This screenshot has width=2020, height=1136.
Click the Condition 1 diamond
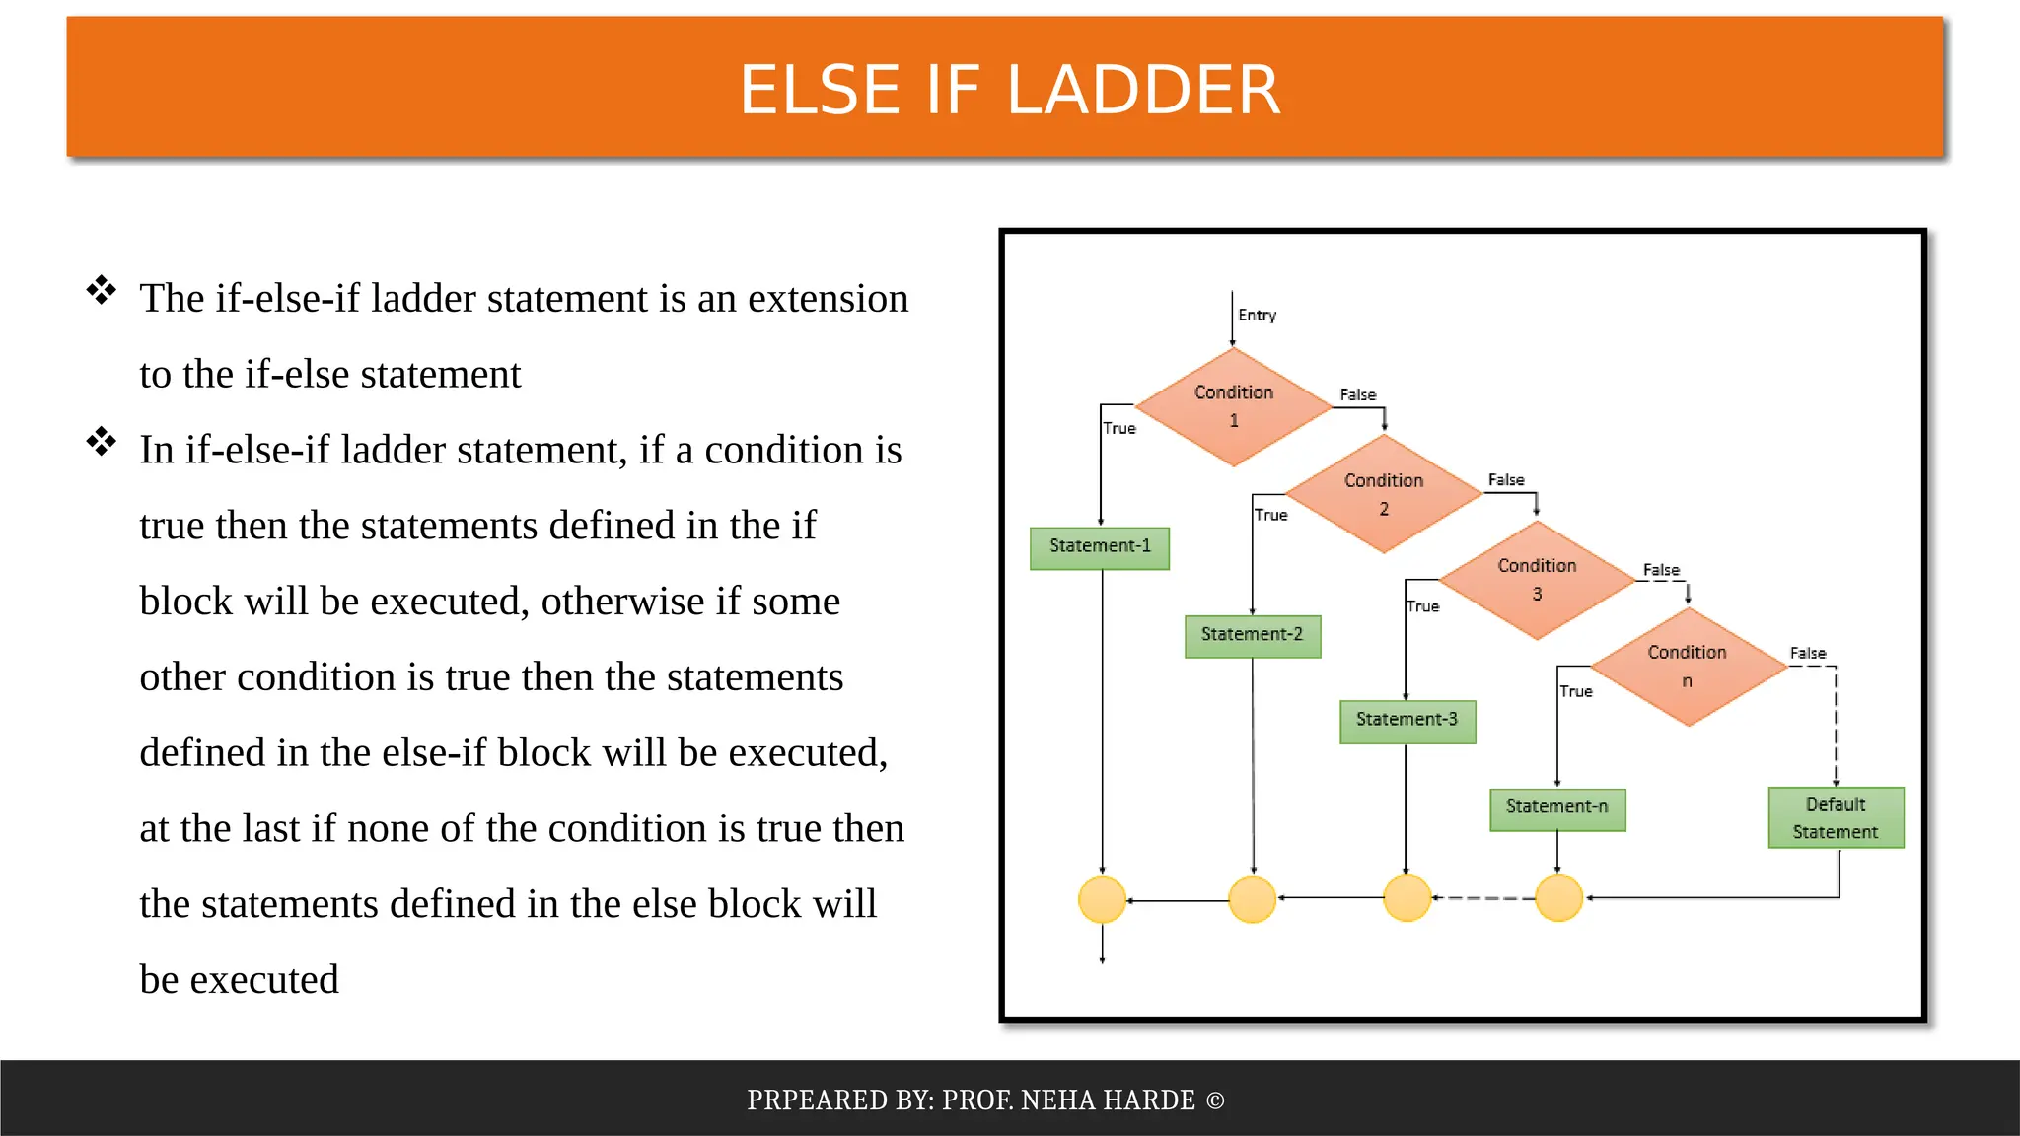pos(1233,406)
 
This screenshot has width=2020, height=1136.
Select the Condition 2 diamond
pos(1383,494)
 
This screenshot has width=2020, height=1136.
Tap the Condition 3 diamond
pos(1536,580)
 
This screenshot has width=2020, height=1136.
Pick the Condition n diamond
pos(1688,667)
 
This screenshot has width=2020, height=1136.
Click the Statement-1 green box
pos(1099,547)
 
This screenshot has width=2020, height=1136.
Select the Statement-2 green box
pos(1252,635)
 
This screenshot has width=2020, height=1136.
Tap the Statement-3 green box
pos(1407,721)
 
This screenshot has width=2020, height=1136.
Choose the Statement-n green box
pos(1556,809)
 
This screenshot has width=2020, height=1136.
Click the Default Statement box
pos(1835,817)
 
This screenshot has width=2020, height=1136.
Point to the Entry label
pos(1257,316)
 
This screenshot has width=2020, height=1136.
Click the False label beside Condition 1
pos(1357,394)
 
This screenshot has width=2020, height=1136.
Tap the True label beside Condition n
pos(1575,691)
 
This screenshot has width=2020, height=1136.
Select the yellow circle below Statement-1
pos(1102,899)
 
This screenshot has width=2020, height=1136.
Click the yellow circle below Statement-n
pos(1558,898)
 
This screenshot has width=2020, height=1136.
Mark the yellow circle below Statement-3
pos(1407,898)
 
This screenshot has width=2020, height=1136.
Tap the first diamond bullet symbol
pos(101,291)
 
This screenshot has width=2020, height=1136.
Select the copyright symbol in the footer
pos(1214,1100)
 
